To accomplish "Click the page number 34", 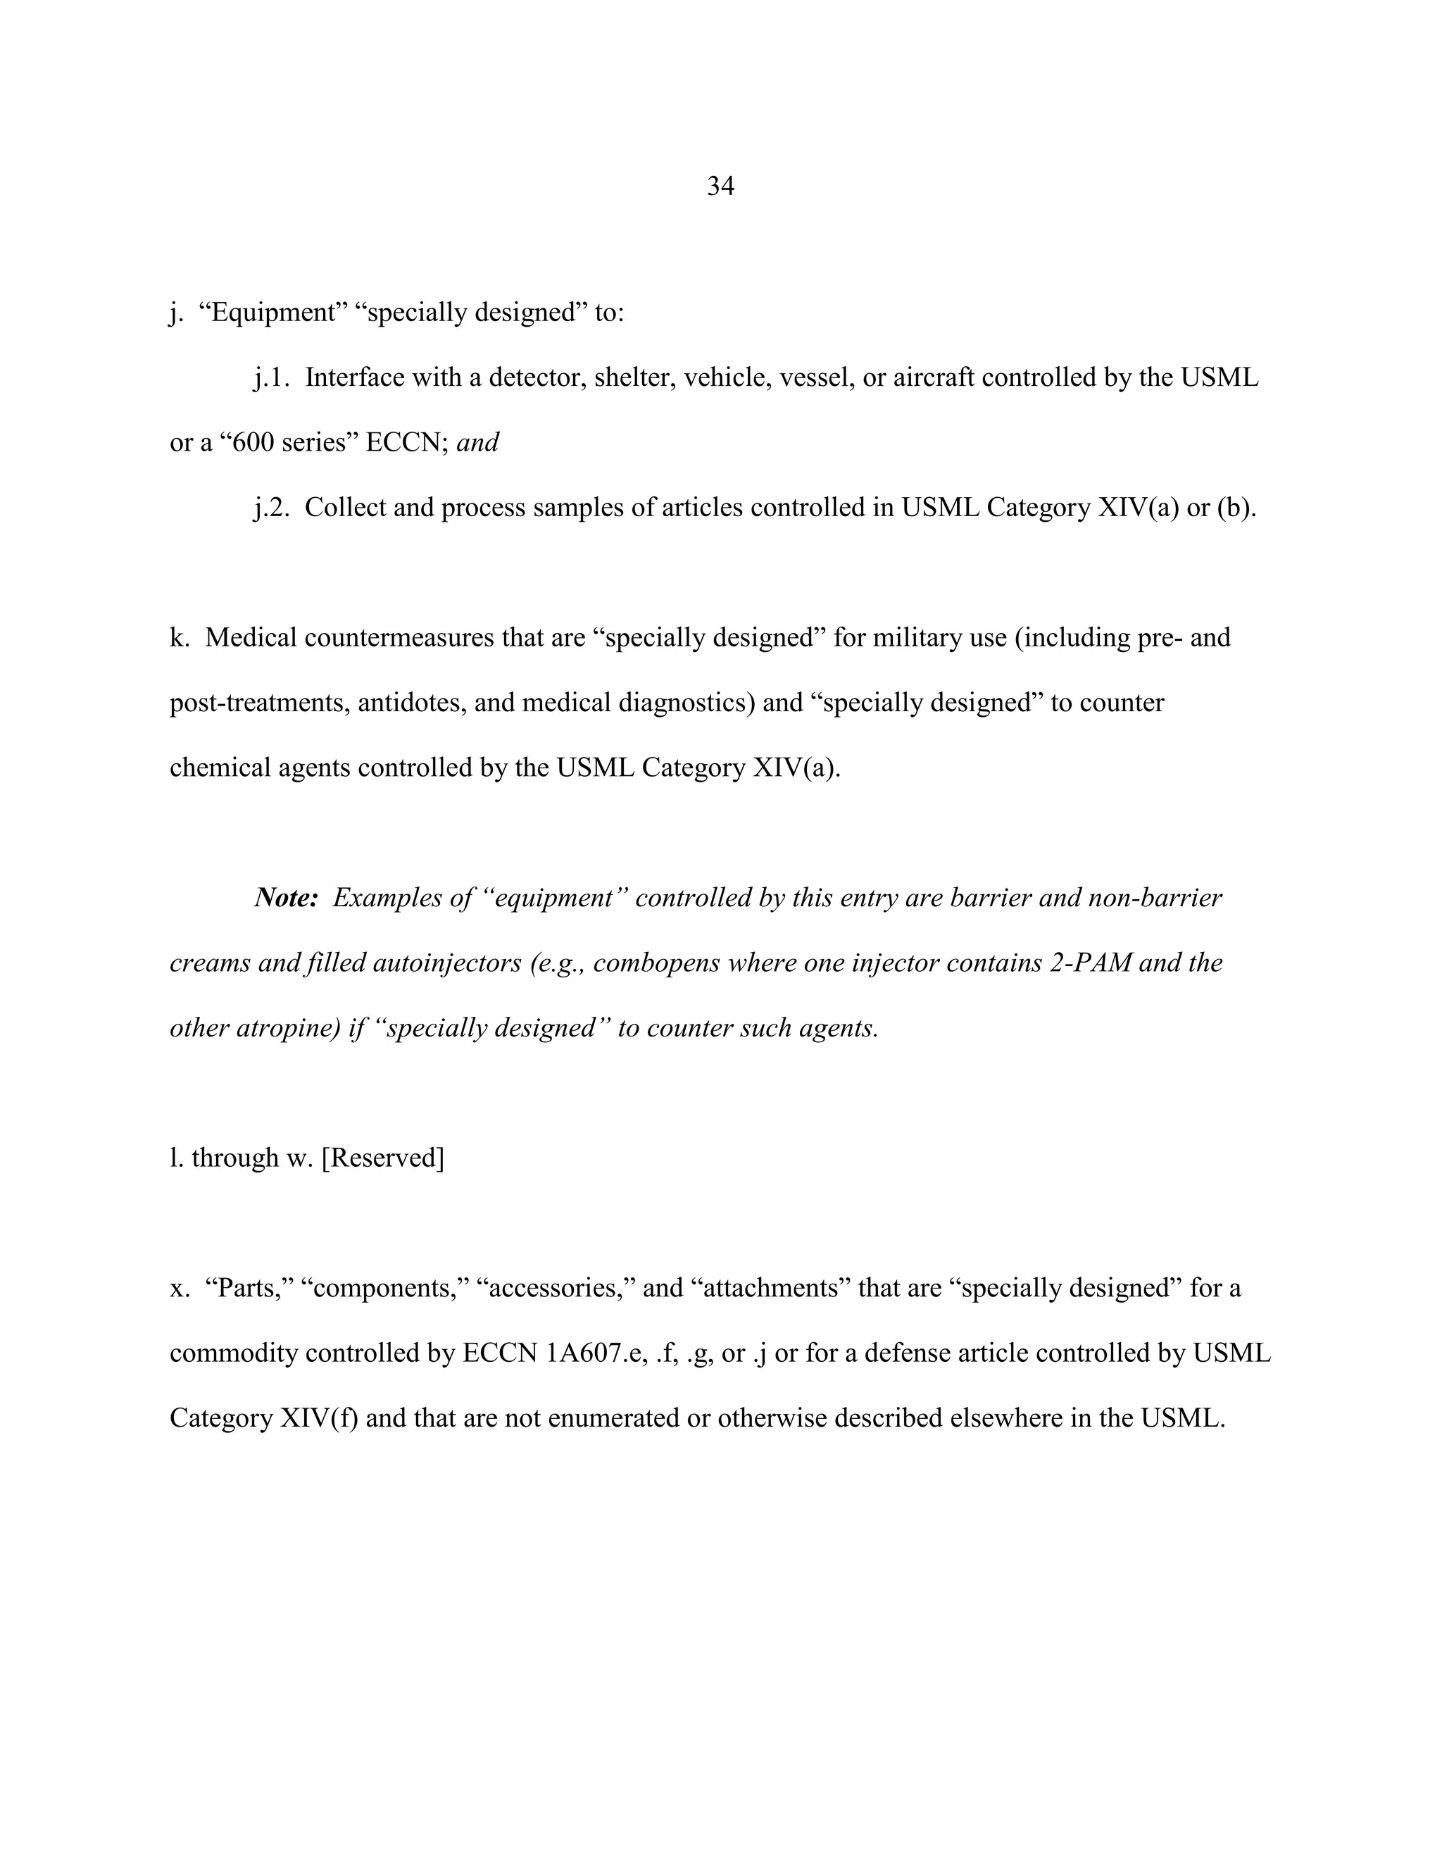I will tap(720, 187).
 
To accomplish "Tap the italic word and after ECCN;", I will tap(477, 443).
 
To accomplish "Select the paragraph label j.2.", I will tap(272, 508).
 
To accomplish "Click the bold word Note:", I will tap(286, 898).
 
